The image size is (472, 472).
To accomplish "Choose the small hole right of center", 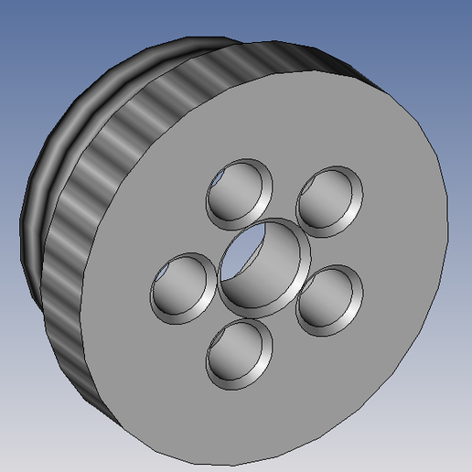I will pos(330,295).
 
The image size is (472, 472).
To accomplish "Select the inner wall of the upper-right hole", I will pos(335,207).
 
